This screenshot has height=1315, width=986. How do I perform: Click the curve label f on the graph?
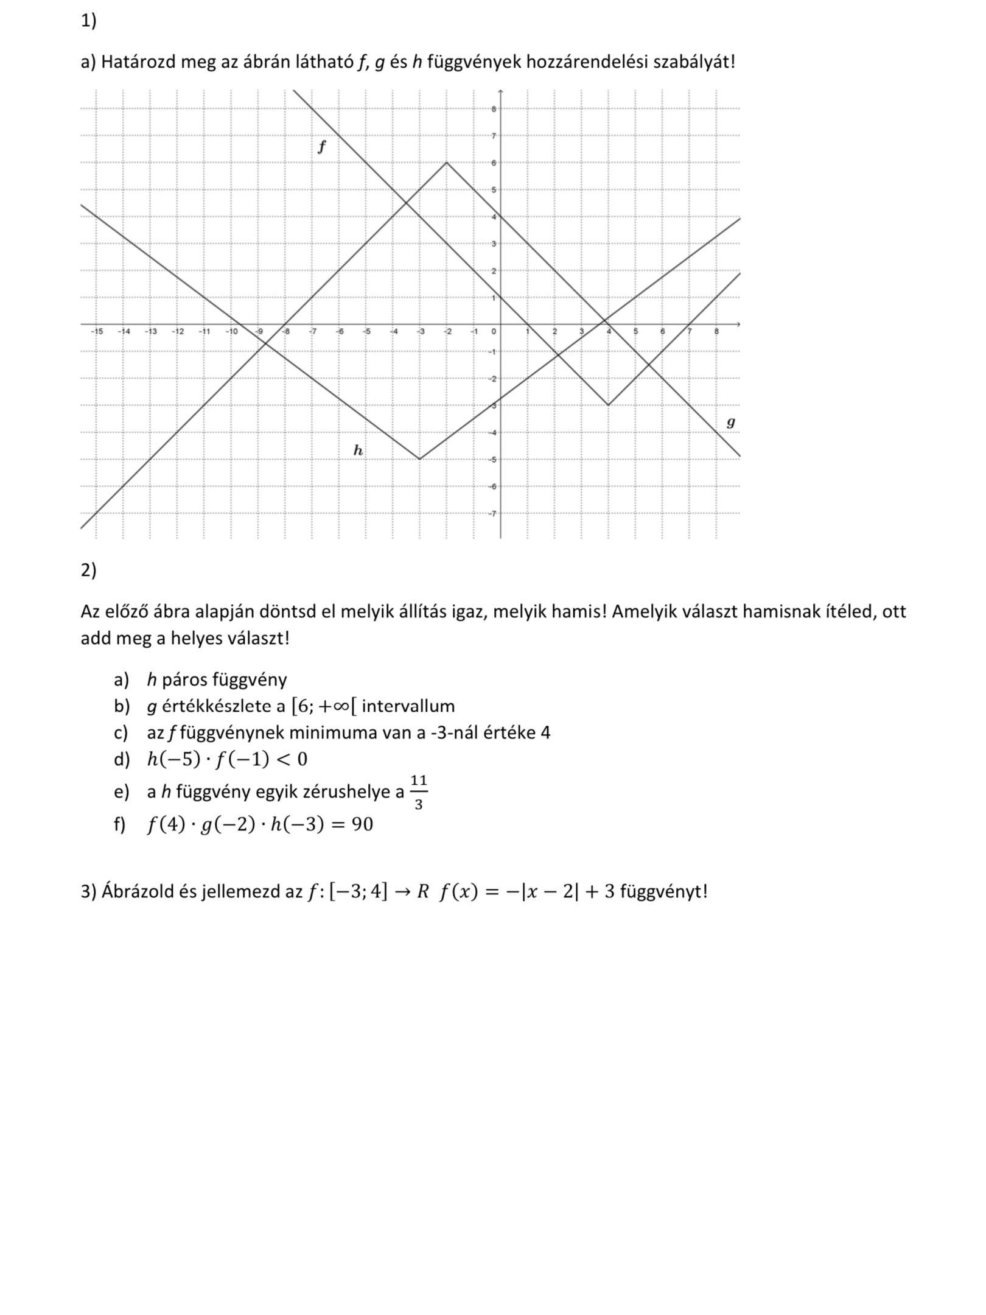pyautogui.click(x=322, y=147)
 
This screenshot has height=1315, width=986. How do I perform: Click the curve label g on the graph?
pyautogui.click(x=731, y=422)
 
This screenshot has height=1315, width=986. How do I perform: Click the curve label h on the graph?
pyautogui.click(x=358, y=450)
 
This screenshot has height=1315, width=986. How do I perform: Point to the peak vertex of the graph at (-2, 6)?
pyautogui.click(x=447, y=163)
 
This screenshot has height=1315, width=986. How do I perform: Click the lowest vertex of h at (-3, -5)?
pyautogui.click(x=420, y=459)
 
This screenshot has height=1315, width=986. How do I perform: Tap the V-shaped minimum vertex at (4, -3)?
pyautogui.click(x=608, y=405)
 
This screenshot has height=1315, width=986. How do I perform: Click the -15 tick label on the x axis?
pyautogui.click(x=96, y=332)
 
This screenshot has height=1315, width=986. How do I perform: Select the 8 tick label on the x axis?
pyautogui.click(x=716, y=332)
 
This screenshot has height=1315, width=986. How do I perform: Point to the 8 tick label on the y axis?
pyautogui.click(x=494, y=110)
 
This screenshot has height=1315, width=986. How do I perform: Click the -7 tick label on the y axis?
pyautogui.click(x=493, y=513)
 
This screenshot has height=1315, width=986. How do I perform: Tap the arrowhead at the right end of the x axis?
pyautogui.click(x=738, y=324)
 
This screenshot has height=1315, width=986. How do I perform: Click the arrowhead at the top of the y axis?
pyautogui.click(x=500, y=92)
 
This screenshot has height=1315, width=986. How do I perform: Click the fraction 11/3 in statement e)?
pyautogui.click(x=418, y=792)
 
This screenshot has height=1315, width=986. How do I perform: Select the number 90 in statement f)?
pyautogui.click(x=362, y=824)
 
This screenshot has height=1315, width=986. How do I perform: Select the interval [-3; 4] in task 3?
pyautogui.click(x=358, y=892)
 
